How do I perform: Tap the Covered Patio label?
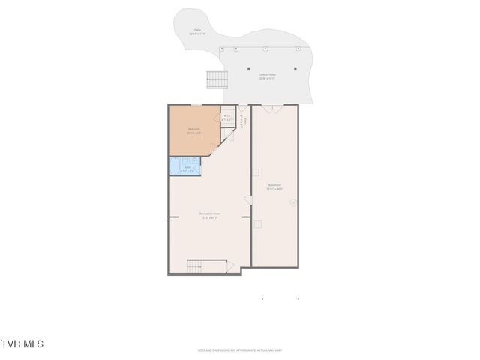coord(268,76)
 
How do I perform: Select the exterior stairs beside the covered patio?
coord(217,79)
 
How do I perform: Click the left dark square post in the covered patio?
coord(250,68)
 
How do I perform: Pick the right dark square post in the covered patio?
coord(295,68)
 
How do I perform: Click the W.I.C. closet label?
coord(227,117)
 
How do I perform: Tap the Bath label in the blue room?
coord(187,169)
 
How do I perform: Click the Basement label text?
coord(274,187)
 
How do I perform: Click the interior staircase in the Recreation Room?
coord(196,265)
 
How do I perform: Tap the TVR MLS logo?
coord(22,343)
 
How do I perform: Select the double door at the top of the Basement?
coord(272,109)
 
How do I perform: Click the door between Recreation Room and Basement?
coord(247,199)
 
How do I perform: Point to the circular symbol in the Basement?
coord(293,202)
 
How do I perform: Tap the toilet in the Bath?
coord(194,160)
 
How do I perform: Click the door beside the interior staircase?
coord(229,265)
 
